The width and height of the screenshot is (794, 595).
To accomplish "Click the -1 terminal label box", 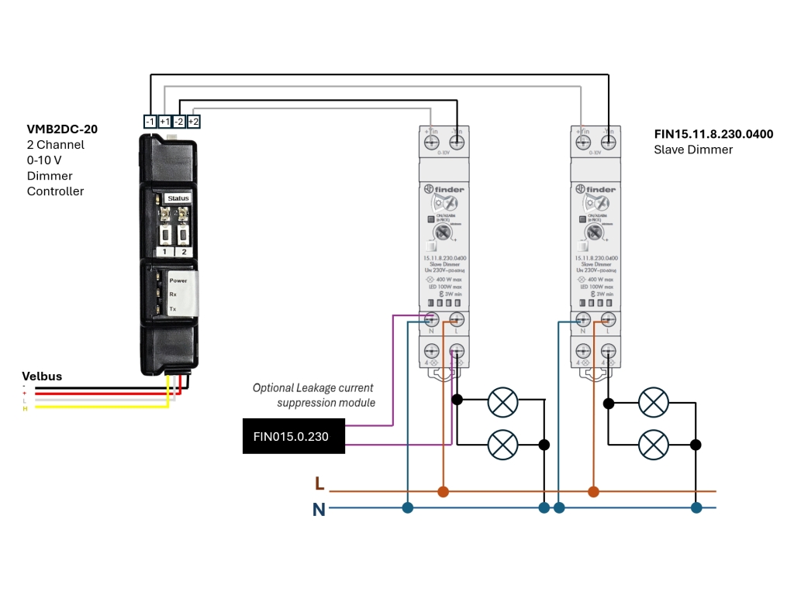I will pos(150,122).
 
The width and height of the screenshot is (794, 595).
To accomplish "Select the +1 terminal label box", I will pos(165,122).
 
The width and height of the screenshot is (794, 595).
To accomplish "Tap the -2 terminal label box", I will pos(179,122).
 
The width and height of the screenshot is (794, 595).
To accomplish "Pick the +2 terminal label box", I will pos(194,122).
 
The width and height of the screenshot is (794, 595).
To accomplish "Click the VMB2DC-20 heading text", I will pos(62,129).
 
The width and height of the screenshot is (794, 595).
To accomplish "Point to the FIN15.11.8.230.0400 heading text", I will pos(713,134).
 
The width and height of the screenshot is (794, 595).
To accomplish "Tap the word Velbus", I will pos(42,377).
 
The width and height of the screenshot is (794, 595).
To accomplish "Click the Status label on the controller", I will pos(178,198).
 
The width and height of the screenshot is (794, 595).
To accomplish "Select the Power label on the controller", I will pos(178,280).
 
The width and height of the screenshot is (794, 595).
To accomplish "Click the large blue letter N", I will pos(319,509).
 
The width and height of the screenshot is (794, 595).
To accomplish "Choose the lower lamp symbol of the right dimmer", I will pos(653,445).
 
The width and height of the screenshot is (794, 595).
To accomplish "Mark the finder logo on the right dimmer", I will pos(596,189).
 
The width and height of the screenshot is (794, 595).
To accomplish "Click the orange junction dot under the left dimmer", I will pos(443,491).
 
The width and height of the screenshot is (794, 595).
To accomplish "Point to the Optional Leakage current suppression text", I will pos(313,395).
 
